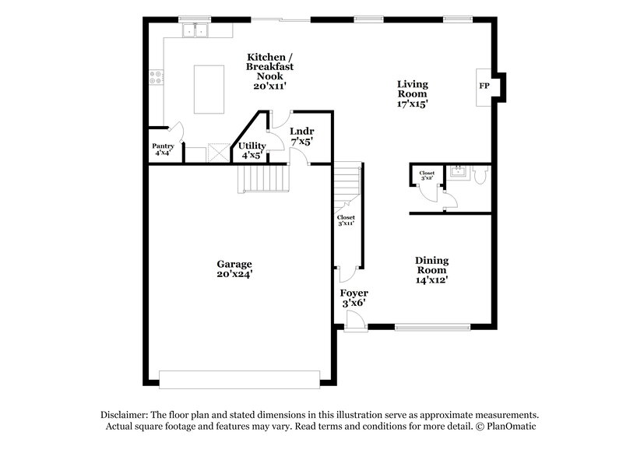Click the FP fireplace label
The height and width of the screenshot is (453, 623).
(x=484, y=86)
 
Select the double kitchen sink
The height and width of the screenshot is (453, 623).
(x=197, y=30)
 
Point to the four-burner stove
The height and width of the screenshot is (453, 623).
(x=156, y=76)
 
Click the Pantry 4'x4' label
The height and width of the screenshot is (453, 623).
(x=163, y=149)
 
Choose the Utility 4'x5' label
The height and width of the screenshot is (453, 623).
(x=252, y=149)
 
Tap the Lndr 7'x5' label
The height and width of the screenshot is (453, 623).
(x=301, y=137)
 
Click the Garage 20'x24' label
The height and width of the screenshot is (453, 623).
(x=234, y=269)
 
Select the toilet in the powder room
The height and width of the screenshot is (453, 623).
(x=480, y=177)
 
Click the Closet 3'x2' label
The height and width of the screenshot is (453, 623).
(x=427, y=176)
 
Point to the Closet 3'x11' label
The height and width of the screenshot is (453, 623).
(x=347, y=220)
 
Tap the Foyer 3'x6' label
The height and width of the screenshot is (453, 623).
(x=354, y=297)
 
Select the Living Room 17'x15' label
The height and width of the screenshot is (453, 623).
(x=413, y=93)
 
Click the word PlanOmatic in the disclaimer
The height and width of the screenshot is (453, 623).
(x=509, y=427)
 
